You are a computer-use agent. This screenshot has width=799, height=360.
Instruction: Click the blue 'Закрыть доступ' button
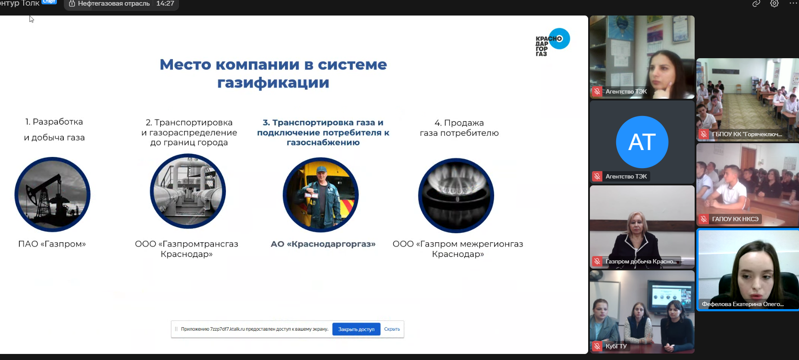[x=356, y=329]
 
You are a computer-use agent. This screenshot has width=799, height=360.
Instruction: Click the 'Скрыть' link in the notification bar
[x=392, y=329]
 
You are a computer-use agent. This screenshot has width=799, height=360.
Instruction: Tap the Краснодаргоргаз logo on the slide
[x=552, y=42]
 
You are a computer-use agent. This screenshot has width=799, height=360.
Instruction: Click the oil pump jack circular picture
[x=53, y=194]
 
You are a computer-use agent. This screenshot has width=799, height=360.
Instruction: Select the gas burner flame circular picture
[x=456, y=195]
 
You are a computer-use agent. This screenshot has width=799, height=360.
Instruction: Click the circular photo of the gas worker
[x=321, y=195]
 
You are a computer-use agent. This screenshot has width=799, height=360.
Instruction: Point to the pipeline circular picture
[x=188, y=191]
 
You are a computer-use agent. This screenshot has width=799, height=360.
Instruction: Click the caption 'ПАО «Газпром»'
[x=52, y=244]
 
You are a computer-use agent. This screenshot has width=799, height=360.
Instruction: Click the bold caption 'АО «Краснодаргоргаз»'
[x=323, y=244]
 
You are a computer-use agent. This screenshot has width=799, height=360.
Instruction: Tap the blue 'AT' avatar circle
[x=642, y=142]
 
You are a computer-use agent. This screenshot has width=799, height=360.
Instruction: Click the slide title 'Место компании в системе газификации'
[x=273, y=73]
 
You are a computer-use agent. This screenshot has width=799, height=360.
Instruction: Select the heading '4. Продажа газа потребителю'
[x=459, y=128]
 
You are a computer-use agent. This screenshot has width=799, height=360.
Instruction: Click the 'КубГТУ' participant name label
[x=616, y=346]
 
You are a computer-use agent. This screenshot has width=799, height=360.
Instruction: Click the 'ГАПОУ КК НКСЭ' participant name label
[x=735, y=219]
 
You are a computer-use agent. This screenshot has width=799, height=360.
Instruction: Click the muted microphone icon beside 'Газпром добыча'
[x=597, y=261]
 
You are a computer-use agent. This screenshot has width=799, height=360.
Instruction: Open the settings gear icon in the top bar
[x=774, y=3]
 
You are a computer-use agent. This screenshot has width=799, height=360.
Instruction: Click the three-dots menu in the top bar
[x=793, y=3]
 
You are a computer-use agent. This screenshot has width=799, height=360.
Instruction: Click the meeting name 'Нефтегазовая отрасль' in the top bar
[x=114, y=3]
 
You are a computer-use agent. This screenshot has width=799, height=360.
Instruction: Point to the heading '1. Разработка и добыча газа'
[x=54, y=129]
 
